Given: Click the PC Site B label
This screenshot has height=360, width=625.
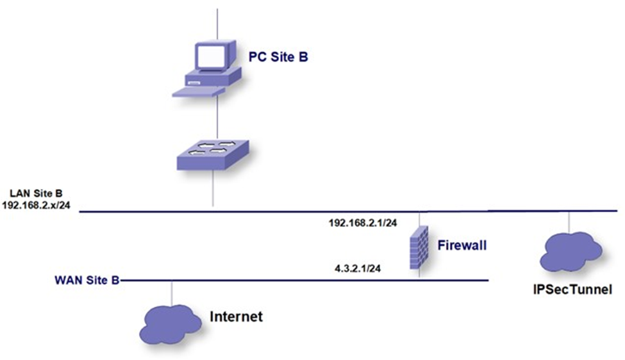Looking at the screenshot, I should [278, 58].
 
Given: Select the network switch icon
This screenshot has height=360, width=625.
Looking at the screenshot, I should [212, 154].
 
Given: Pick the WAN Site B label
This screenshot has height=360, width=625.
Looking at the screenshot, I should [87, 280].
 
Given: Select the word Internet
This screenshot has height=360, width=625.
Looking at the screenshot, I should [237, 316].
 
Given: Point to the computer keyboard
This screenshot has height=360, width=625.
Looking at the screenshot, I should [199, 92].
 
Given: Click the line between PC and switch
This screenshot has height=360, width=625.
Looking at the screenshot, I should [218, 119].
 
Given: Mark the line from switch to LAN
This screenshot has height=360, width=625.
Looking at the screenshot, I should [213, 189].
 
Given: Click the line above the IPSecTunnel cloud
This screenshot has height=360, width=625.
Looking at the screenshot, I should [569, 222].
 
